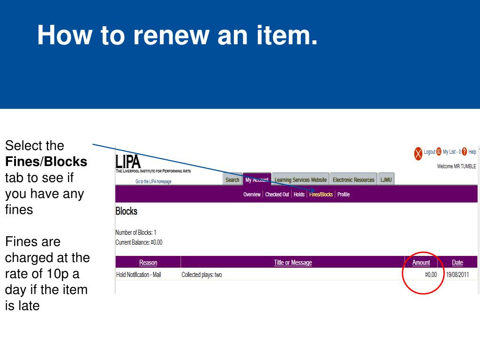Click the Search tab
click(232, 180)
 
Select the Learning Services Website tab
click(300, 180)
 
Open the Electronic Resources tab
click(353, 180)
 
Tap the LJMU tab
click(386, 180)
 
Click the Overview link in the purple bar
click(252, 195)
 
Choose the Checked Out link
click(277, 195)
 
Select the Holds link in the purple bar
click(299, 195)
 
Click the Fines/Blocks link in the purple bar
click(321, 195)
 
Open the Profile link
click(344, 195)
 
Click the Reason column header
click(148, 262)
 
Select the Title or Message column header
click(292, 262)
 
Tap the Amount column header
click(421, 262)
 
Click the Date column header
click(457, 262)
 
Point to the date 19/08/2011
click(457, 275)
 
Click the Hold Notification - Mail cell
click(138, 275)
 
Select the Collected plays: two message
click(202, 275)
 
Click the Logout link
click(429, 152)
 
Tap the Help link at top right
click(472, 152)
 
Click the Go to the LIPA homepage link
click(153, 182)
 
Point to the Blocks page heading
click(127, 211)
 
